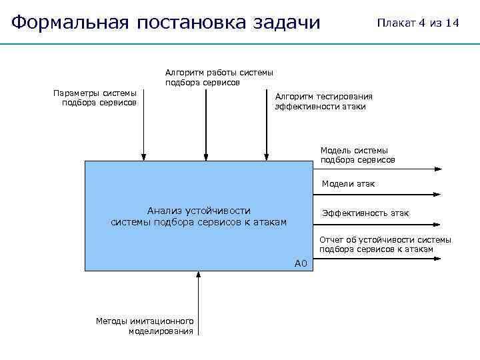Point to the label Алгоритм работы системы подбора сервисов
tap(219, 77)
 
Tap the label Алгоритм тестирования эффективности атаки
tap(324, 101)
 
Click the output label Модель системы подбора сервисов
tap(357, 155)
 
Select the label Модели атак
tap(348, 183)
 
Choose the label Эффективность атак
tap(365, 213)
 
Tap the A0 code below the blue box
tap(300, 264)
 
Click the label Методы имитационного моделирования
tap(145, 325)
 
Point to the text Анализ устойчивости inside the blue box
tap(199, 211)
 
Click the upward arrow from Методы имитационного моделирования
tap(198, 293)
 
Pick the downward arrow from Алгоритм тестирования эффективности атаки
tap(267, 133)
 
